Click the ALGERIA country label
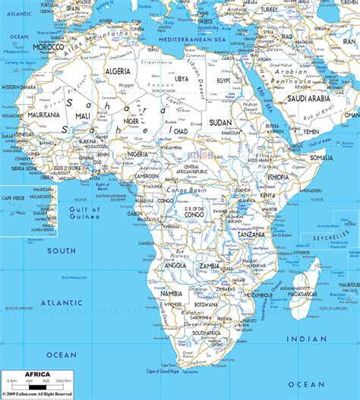point(117,71)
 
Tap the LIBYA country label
point(182,78)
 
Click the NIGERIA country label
point(137,153)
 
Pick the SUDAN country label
point(221,121)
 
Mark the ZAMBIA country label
point(210,268)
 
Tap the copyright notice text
point(38,395)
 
